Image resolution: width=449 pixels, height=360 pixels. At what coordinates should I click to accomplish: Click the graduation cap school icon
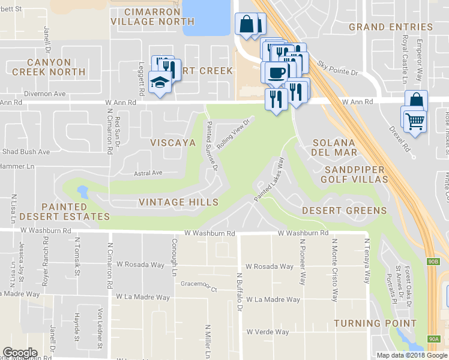(160, 82)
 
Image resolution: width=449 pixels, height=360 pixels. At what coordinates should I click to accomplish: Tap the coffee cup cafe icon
(276, 73)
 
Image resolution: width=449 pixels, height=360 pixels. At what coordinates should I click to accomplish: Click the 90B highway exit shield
(435, 262)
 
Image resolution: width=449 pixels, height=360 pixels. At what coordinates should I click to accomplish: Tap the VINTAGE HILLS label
(178, 202)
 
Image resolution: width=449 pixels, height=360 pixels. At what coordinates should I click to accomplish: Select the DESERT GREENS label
(344, 211)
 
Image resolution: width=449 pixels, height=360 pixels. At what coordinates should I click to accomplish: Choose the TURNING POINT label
(375, 323)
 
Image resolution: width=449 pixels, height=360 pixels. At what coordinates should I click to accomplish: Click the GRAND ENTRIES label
(390, 27)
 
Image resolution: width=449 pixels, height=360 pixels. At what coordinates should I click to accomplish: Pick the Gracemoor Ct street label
(199, 286)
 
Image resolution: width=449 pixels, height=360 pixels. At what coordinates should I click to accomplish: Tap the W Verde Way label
(268, 332)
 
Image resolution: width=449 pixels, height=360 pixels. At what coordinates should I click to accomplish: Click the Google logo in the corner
(20, 353)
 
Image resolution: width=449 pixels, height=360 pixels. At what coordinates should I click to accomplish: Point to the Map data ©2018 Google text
(412, 355)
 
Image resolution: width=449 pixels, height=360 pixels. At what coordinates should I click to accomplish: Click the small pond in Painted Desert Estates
(82, 193)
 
